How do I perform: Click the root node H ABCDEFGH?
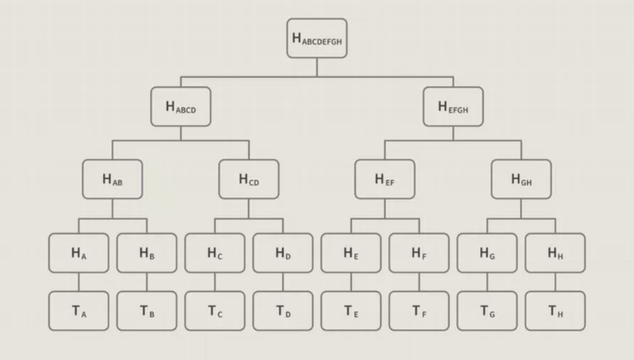[x=317, y=38]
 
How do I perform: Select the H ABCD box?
[x=181, y=106]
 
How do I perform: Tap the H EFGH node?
[x=453, y=106]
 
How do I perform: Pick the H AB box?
[x=113, y=179]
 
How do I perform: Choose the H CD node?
[x=249, y=179]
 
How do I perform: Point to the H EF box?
[x=385, y=179]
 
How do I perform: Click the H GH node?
[x=521, y=179]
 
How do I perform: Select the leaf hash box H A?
[x=79, y=253]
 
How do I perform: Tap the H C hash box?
[x=215, y=253]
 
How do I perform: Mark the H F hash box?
[x=419, y=253]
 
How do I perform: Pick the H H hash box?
[x=555, y=253]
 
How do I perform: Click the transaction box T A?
[x=79, y=311]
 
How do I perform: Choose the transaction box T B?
[x=147, y=311]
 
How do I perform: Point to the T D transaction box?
[x=283, y=311]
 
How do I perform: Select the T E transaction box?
[x=351, y=311]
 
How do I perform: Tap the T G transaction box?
[x=487, y=311]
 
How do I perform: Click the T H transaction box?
[x=555, y=311]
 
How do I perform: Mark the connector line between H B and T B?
[x=147, y=282]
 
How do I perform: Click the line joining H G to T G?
[x=487, y=282]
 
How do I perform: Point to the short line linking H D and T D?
[x=283, y=282]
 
